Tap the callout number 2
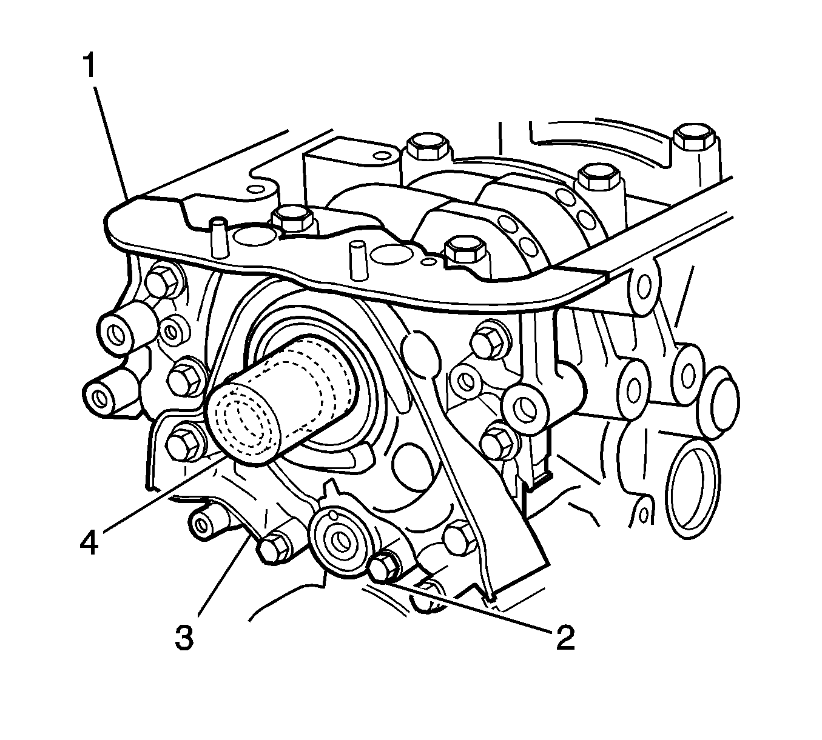coord(564,638)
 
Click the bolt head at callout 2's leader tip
coord(383,568)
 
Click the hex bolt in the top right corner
coord(694,139)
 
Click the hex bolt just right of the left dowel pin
coord(292,219)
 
